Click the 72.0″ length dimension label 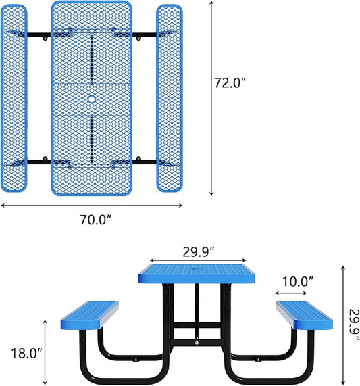tap(229, 83)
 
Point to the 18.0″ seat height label tap(26, 353)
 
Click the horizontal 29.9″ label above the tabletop tap(198, 251)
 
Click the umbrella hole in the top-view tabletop tap(92, 99)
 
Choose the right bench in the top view tap(170, 98)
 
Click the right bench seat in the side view tap(304, 313)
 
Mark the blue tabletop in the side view tap(198, 274)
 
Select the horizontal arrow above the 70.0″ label tap(92, 206)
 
